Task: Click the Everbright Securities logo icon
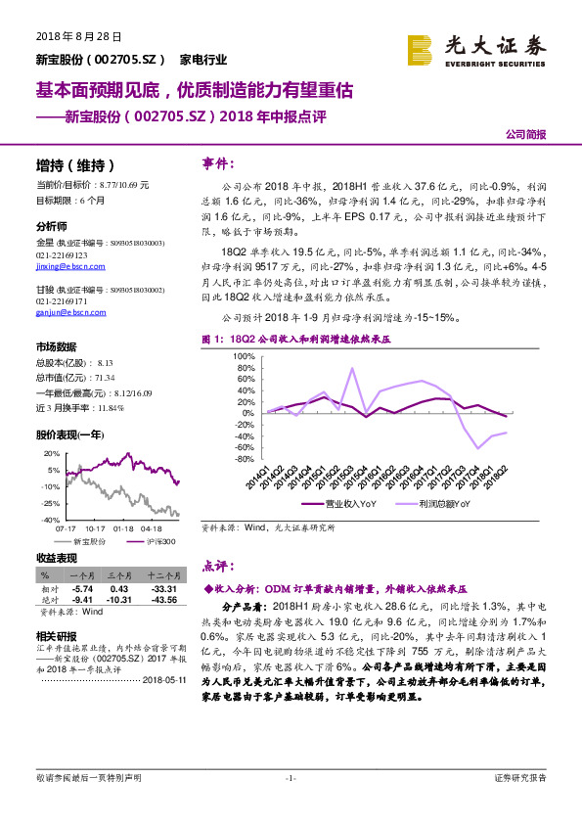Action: [x=420, y=48]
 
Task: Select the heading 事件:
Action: [x=217, y=162]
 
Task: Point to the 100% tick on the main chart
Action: [x=243, y=356]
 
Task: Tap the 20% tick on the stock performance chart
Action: [x=51, y=454]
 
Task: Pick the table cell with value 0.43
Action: [x=119, y=587]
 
